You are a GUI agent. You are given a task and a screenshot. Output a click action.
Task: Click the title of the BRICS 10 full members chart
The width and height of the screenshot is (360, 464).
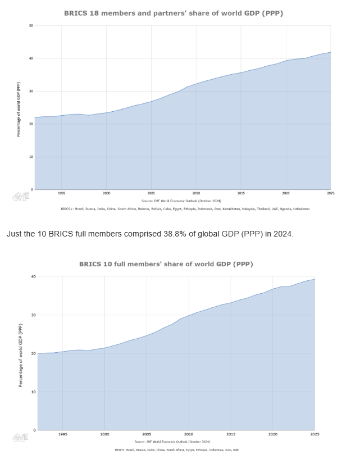click(174, 263)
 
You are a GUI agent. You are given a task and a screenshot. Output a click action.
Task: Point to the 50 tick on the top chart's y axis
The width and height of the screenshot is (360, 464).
click(30, 26)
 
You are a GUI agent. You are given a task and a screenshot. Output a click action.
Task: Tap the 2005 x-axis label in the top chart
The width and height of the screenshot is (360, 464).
click(151, 193)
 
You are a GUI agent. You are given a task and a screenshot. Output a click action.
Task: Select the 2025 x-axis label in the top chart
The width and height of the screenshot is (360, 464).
click(330, 193)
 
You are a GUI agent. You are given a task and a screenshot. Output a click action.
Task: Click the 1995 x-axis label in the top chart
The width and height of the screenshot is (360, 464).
click(61, 193)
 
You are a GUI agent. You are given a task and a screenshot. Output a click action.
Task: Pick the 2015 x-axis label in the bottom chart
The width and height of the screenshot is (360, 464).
click(231, 434)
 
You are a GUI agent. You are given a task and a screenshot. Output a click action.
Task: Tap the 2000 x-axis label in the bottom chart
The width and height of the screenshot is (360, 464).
click(105, 434)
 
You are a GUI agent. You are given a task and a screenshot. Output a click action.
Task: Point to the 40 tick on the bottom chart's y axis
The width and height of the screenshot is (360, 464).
click(33, 276)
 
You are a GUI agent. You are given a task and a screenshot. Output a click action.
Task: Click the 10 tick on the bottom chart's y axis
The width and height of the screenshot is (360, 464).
click(33, 392)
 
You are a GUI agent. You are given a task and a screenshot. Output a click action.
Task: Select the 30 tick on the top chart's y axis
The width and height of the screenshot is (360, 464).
click(30, 91)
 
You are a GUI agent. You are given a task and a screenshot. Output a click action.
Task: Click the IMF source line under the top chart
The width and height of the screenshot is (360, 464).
click(180, 200)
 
